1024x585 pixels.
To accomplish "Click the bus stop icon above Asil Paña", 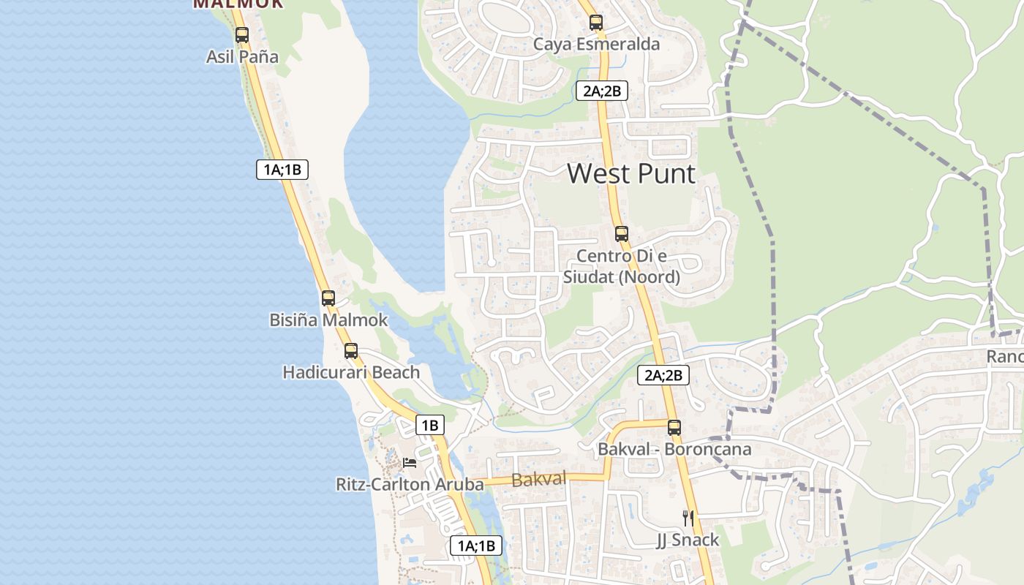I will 242,34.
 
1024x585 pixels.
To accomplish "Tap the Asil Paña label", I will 242,56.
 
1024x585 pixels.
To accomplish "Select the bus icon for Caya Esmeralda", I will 596,23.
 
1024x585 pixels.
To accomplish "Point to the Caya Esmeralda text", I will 596,44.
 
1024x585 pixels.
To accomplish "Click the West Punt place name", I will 631,174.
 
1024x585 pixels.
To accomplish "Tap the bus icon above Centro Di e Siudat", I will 622,234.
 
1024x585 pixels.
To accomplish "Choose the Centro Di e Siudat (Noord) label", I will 621,266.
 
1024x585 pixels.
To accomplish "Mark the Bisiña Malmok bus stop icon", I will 328,298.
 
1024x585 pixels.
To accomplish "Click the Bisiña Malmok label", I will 328,320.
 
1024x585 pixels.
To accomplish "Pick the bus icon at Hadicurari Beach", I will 351,351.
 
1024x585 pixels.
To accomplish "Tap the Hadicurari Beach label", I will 351,372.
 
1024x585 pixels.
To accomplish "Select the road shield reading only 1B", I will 429,425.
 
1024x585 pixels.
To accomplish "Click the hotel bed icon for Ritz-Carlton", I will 410,463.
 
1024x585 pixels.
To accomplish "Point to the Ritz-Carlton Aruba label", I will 410,484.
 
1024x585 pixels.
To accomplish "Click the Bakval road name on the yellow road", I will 539,480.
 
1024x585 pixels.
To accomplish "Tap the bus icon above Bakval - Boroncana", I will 674,428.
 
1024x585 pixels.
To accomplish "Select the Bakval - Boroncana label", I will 674,449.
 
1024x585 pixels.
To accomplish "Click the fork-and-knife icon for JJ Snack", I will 688,518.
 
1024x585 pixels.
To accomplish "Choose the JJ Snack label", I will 688,540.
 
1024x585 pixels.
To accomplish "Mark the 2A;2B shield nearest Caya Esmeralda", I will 601,91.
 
